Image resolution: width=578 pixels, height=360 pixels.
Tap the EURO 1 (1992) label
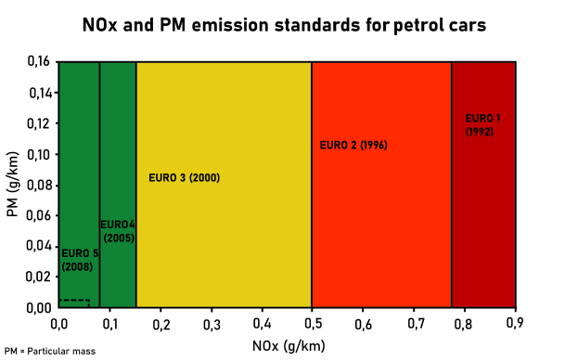482,125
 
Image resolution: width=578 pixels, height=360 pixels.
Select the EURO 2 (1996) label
353,146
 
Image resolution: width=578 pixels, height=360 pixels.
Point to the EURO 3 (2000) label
184,177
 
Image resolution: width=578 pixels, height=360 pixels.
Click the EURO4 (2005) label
118,231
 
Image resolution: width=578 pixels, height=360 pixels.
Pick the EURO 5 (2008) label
79,260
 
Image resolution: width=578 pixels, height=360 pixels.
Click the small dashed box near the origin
74,302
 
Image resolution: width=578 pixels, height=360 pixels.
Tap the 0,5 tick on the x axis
312,324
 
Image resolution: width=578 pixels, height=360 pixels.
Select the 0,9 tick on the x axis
516,324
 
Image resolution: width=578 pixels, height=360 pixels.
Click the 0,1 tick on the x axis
109,324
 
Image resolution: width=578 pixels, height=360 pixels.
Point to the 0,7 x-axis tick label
414,324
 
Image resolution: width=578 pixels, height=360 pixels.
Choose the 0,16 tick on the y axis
39,62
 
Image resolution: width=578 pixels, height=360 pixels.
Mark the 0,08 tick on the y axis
39,185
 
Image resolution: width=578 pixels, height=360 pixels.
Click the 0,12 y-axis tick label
39,123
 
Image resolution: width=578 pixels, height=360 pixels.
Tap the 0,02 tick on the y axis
39,276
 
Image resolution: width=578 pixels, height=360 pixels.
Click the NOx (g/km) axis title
287,345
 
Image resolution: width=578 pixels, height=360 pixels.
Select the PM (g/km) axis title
12,186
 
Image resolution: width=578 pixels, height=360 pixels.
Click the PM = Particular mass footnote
49,352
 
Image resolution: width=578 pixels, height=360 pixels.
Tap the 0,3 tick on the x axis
211,324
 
